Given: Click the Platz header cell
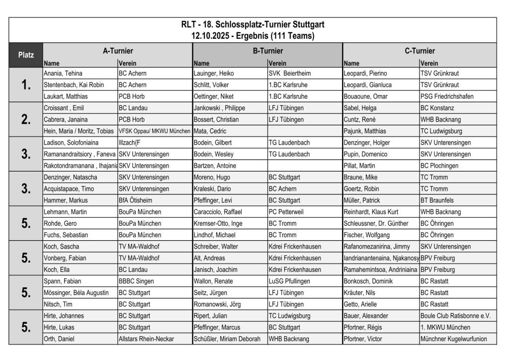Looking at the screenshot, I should pos(26,55).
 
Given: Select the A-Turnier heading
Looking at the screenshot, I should pos(118,51).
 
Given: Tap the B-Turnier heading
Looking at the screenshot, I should pos(267,51).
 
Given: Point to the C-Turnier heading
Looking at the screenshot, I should pos(420,51).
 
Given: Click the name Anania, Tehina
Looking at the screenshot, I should pos(64,73).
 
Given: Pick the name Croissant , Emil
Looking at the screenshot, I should pos(65,108).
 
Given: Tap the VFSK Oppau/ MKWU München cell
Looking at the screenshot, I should pos(154,131).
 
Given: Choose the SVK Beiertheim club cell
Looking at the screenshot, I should pos(289,73).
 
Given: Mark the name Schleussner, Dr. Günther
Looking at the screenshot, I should pos(376,223).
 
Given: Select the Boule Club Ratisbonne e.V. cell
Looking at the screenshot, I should pos(455,316).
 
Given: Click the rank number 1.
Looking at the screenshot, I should pos(26,85).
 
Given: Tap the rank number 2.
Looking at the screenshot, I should pos(26,120).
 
